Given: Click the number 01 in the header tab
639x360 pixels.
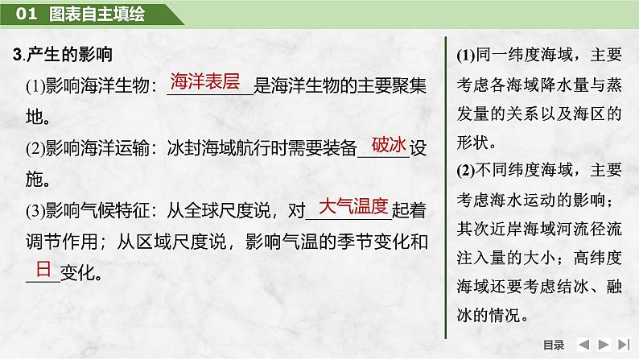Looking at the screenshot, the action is [x=26, y=14].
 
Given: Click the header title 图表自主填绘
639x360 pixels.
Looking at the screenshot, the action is [x=97, y=14].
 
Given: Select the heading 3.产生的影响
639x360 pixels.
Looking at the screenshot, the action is [x=62, y=54].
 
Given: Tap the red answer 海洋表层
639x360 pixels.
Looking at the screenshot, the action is [x=205, y=81].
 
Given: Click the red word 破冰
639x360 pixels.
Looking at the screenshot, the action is [x=389, y=144].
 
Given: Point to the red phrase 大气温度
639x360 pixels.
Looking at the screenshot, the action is [x=353, y=206].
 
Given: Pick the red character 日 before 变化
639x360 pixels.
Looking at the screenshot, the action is [x=43, y=269].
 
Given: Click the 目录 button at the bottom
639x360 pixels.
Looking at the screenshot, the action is [x=554, y=345].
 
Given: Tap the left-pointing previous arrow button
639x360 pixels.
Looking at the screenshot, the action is [x=584, y=345].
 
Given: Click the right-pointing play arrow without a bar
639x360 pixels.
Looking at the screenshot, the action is [x=604, y=345].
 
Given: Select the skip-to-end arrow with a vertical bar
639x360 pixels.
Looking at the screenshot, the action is [x=624, y=345].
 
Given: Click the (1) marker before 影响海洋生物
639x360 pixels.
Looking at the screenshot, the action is [x=35, y=86].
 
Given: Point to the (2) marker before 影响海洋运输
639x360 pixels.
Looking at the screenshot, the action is [x=35, y=148].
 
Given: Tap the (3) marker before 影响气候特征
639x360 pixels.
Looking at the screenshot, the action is [x=35, y=211].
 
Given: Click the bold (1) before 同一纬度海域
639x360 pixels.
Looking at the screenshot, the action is [x=466, y=55].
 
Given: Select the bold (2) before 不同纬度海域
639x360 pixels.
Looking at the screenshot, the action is [x=466, y=170].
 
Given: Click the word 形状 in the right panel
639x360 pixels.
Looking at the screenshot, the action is [x=472, y=143].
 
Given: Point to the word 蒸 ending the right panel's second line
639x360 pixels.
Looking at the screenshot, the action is [x=614, y=85].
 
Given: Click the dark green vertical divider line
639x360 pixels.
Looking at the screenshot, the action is [x=446, y=188].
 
